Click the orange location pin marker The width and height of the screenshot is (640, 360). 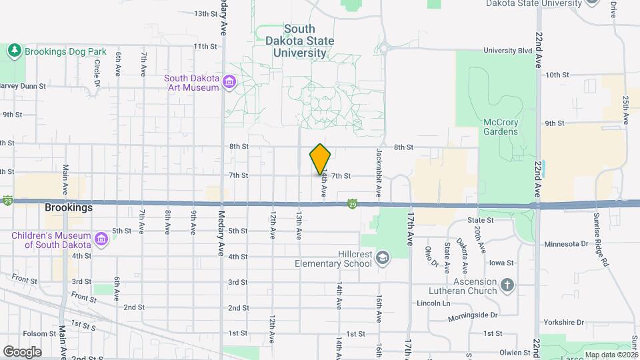point(321,159)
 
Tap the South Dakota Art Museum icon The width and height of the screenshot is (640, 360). point(230,83)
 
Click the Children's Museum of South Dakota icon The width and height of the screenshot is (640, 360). point(101,238)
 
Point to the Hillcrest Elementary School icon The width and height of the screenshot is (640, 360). point(383,257)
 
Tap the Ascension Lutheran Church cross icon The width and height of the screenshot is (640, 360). point(507,285)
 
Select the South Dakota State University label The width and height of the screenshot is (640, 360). point(309,41)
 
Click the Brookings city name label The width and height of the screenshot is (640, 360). point(69,207)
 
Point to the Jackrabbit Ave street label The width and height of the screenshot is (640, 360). point(378,172)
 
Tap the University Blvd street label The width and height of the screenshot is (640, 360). point(508,50)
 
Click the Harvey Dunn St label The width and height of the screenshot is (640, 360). point(23,85)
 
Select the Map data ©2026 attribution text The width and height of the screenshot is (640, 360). point(611,355)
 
